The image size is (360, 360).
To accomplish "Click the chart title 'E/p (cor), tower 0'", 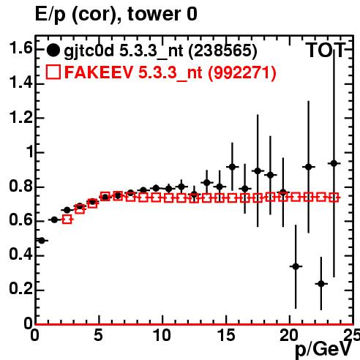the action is [x=116, y=14].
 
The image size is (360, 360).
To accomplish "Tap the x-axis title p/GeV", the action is [x=323, y=350].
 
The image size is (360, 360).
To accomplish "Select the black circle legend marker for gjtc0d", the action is [x=53, y=50].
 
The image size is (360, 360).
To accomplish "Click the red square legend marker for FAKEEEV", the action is [x=53, y=72].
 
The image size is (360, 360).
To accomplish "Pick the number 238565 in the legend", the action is [x=222, y=50].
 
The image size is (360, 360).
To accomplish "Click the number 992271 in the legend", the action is [x=242, y=72].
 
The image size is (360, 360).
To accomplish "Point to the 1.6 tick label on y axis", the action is [x=21, y=48].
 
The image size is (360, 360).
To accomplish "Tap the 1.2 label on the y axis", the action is [x=21, y=117].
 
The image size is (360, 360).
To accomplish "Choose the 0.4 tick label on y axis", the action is [x=21, y=255].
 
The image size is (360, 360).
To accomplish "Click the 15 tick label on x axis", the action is [x=226, y=335].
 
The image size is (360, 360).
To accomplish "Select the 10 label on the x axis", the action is [x=162, y=335].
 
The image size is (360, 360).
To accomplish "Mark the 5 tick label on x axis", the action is [x=99, y=335].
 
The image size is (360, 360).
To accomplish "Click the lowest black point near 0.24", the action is [x=321, y=284].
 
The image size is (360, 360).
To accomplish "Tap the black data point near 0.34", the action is [x=296, y=266].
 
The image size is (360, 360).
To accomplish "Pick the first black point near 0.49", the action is [x=42, y=241].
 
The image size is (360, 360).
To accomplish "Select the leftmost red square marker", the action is [x=67, y=220].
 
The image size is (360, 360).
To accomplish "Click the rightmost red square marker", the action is [x=334, y=198].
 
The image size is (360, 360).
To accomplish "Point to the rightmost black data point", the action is [x=334, y=163].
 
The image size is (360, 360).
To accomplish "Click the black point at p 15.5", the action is [x=232, y=167].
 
